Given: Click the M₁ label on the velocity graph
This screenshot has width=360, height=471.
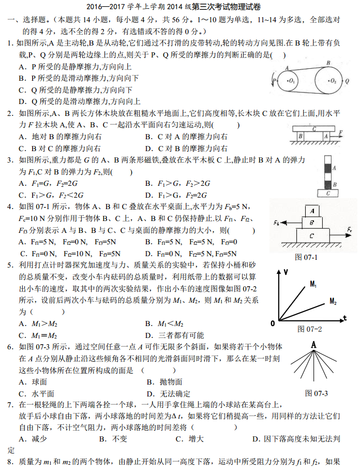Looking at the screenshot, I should click(x=314, y=284).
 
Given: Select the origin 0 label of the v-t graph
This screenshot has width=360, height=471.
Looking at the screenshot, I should click(x=273, y=323).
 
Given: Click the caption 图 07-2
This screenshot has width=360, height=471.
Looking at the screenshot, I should click(x=310, y=329).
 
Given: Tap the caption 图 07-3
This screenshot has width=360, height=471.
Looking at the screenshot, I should click(x=317, y=393).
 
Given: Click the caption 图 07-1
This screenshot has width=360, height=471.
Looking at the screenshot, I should click(x=306, y=257).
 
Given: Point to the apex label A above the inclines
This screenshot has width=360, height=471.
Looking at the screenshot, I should click(x=313, y=344).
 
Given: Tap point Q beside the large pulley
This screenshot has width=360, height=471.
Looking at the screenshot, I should click(x=347, y=81).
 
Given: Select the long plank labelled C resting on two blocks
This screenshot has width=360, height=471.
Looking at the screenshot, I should click(x=313, y=128).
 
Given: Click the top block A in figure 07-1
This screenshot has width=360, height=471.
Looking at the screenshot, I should click(x=311, y=211).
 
